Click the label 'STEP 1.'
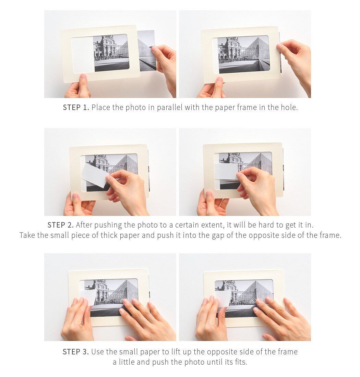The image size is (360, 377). (76, 107)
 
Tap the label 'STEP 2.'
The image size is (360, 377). (61, 225)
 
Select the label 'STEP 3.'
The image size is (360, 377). (76, 352)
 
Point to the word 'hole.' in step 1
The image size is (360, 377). (289, 107)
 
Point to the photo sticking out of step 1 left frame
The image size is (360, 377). (146, 50)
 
